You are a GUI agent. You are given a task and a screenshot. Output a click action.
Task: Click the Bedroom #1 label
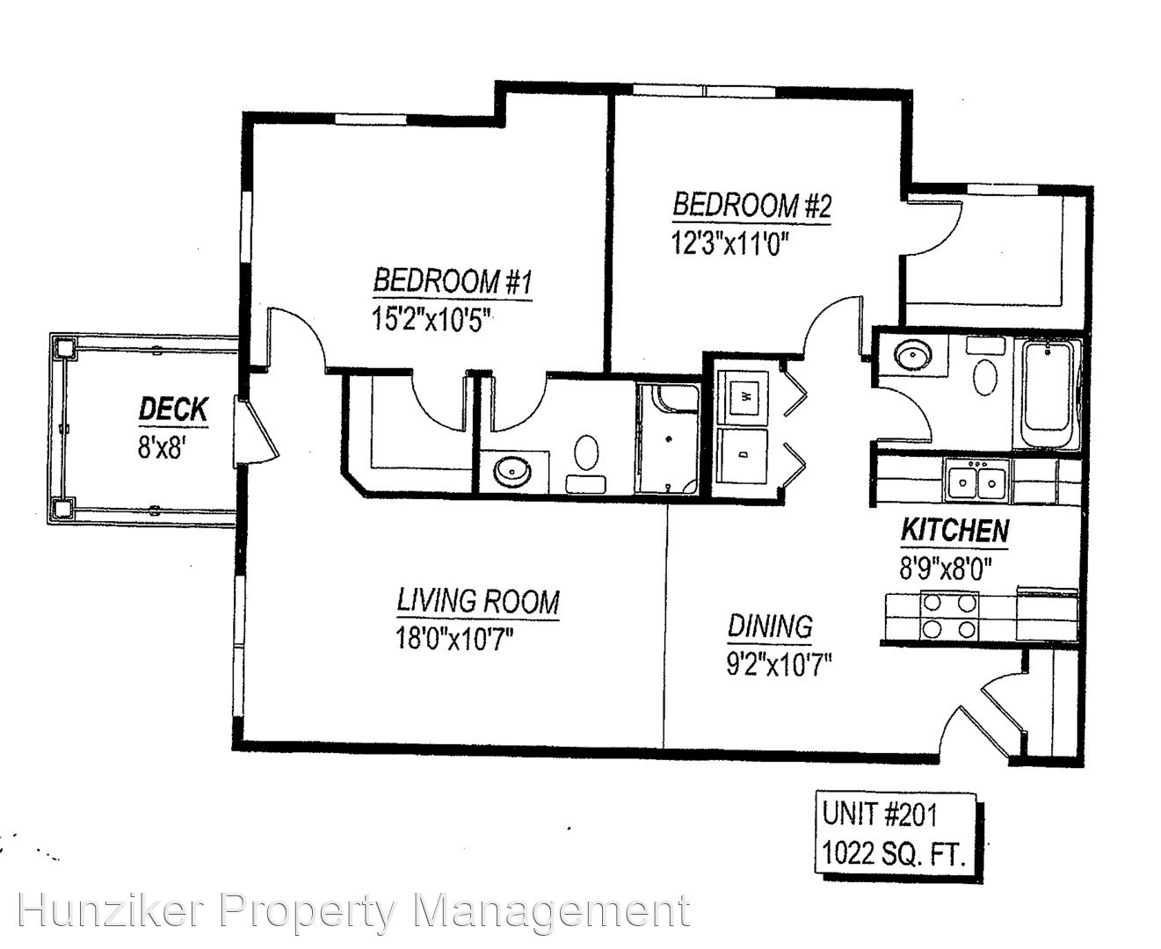[x=453, y=281]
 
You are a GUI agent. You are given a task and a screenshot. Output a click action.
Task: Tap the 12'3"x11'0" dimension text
[x=730, y=243]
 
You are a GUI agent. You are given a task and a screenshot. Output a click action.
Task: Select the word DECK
[x=173, y=409]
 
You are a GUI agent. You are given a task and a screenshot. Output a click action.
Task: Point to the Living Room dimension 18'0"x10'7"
[x=454, y=639]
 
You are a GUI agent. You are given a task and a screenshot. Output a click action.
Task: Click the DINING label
[x=770, y=626]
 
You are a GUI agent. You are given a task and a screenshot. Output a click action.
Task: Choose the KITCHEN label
[x=954, y=530]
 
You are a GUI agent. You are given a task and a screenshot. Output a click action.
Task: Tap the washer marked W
[x=744, y=396]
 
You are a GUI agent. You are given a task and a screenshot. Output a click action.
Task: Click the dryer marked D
[x=743, y=456]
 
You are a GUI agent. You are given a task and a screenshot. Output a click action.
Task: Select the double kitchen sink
[x=977, y=482]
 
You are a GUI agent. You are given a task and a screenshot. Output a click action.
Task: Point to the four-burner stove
[x=949, y=615]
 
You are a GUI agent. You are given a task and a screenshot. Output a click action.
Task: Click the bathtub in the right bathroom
[x=1047, y=394]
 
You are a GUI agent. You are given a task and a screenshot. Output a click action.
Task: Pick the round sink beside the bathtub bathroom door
[x=913, y=355]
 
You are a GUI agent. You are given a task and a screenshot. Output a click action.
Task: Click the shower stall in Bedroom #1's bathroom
[x=668, y=438]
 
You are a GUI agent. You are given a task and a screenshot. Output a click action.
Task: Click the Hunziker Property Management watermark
[x=354, y=910]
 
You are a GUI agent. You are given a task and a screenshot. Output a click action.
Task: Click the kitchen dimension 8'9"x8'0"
[x=945, y=567]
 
